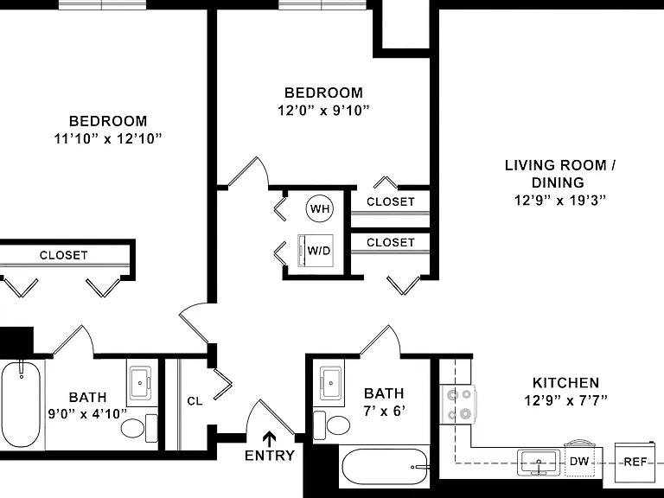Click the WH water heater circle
(x=320, y=208)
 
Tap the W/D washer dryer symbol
(x=316, y=251)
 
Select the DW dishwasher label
(x=579, y=461)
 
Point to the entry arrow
(x=270, y=439)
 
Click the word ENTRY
(x=270, y=456)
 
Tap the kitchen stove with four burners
(x=458, y=404)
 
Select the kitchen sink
(x=539, y=463)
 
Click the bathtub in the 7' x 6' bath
(x=385, y=467)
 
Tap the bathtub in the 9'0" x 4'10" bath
(x=21, y=405)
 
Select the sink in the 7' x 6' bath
(x=331, y=384)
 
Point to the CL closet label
(x=195, y=400)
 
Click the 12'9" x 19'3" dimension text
(x=560, y=200)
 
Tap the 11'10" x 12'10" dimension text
(x=108, y=138)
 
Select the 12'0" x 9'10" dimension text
(x=323, y=111)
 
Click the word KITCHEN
(x=565, y=383)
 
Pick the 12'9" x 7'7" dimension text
(x=566, y=400)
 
